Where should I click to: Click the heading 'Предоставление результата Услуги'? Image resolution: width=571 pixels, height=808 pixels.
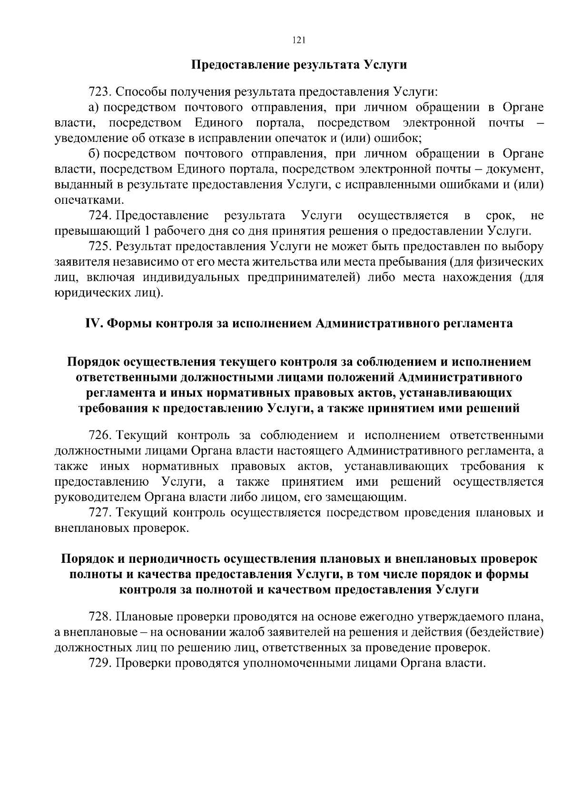(x=299, y=65)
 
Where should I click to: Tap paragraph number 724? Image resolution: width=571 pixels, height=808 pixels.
(x=100, y=216)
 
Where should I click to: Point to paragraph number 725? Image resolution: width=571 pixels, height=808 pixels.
(x=100, y=247)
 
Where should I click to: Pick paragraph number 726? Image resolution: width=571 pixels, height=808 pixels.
(x=100, y=435)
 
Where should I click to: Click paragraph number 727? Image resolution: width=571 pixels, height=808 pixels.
(x=100, y=513)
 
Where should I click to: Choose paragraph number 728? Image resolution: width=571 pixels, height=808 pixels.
(x=100, y=617)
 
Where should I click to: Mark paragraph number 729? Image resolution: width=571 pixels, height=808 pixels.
(x=100, y=663)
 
